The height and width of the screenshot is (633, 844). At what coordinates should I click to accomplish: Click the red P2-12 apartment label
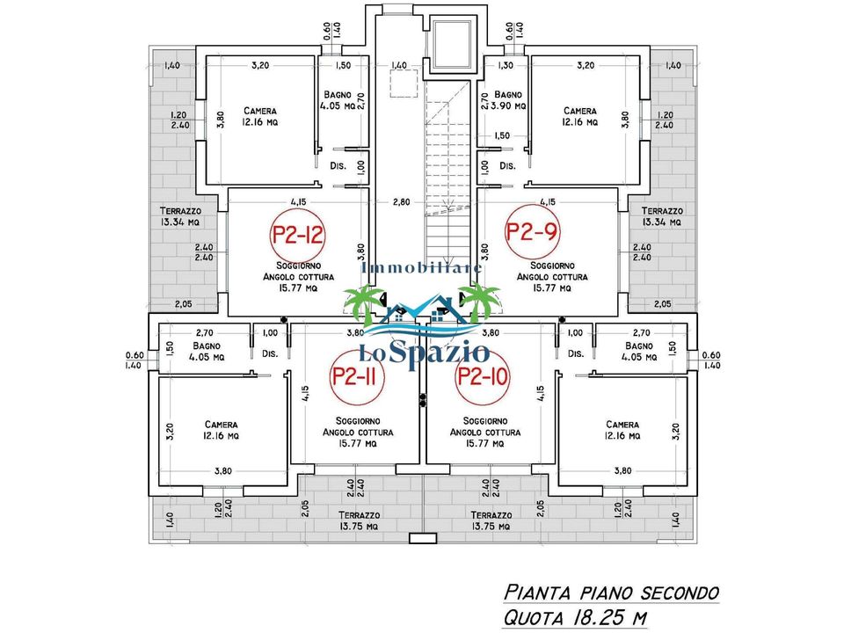[297, 235]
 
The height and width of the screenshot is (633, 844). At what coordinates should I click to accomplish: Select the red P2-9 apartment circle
[531, 231]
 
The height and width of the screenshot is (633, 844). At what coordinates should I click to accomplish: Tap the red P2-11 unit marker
[353, 376]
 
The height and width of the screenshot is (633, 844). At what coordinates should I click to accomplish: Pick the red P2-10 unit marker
[483, 376]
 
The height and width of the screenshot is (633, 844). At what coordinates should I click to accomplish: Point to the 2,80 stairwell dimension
[401, 202]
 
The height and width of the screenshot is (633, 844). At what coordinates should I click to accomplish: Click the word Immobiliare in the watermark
[421, 267]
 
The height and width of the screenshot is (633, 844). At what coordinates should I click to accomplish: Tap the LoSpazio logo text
[424, 353]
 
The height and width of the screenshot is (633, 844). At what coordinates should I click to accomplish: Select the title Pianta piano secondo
[612, 593]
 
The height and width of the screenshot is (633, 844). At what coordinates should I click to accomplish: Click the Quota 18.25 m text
[575, 617]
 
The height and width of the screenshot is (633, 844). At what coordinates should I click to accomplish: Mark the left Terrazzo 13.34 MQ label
[180, 216]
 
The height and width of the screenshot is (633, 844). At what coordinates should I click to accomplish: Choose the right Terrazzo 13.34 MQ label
[662, 216]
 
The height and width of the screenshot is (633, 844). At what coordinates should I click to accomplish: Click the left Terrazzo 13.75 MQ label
[359, 520]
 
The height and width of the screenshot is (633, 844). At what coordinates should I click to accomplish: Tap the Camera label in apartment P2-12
[260, 111]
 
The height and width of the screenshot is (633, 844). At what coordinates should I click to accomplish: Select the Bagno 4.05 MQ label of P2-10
[639, 352]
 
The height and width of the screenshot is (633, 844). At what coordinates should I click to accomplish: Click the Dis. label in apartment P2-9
[507, 166]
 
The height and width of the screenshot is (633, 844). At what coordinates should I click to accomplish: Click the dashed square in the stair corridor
[404, 84]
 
